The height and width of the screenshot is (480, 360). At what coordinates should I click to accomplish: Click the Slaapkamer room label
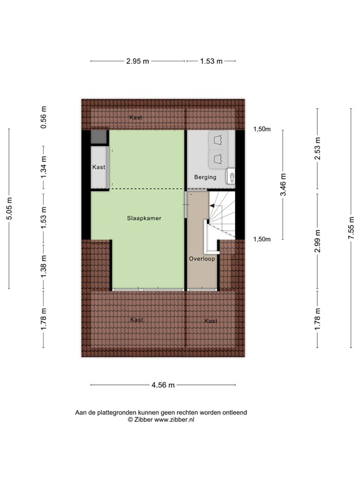(144, 218)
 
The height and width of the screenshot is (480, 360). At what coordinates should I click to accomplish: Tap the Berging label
(205, 177)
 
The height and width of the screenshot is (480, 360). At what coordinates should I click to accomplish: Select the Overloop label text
(201, 258)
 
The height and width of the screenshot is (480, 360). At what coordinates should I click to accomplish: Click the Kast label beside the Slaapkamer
(99, 167)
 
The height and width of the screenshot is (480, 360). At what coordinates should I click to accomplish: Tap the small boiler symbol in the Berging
(230, 177)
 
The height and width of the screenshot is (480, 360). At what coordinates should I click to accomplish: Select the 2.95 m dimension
(137, 61)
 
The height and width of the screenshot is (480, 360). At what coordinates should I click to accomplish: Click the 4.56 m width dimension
(162, 384)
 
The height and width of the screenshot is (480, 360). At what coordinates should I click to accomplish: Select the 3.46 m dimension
(283, 184)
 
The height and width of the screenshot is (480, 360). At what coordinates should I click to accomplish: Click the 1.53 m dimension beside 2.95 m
(211, 61)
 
